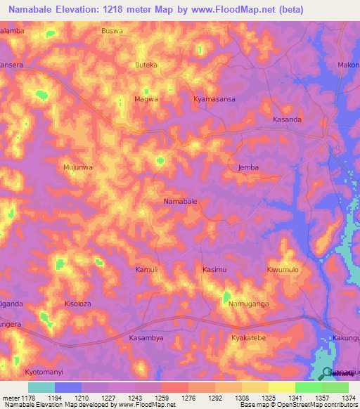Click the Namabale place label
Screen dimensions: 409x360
tap(180, 201)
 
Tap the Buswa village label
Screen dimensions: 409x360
tap(112, 32)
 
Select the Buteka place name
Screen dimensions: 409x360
tap(146, 65)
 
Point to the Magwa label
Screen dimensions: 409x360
tap(146, 100)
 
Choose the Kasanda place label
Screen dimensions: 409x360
tap(287, 120)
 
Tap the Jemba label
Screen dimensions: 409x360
tap(240, 167)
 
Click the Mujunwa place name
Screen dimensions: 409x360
tap(78, 168)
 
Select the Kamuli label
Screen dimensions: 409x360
tap(147, 270)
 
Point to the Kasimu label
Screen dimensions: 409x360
tap(214, 270)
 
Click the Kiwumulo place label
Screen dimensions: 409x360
tap(283, 270)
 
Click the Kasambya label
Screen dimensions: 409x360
tap(146, 338)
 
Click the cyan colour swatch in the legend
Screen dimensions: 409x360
tap(41, 387)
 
